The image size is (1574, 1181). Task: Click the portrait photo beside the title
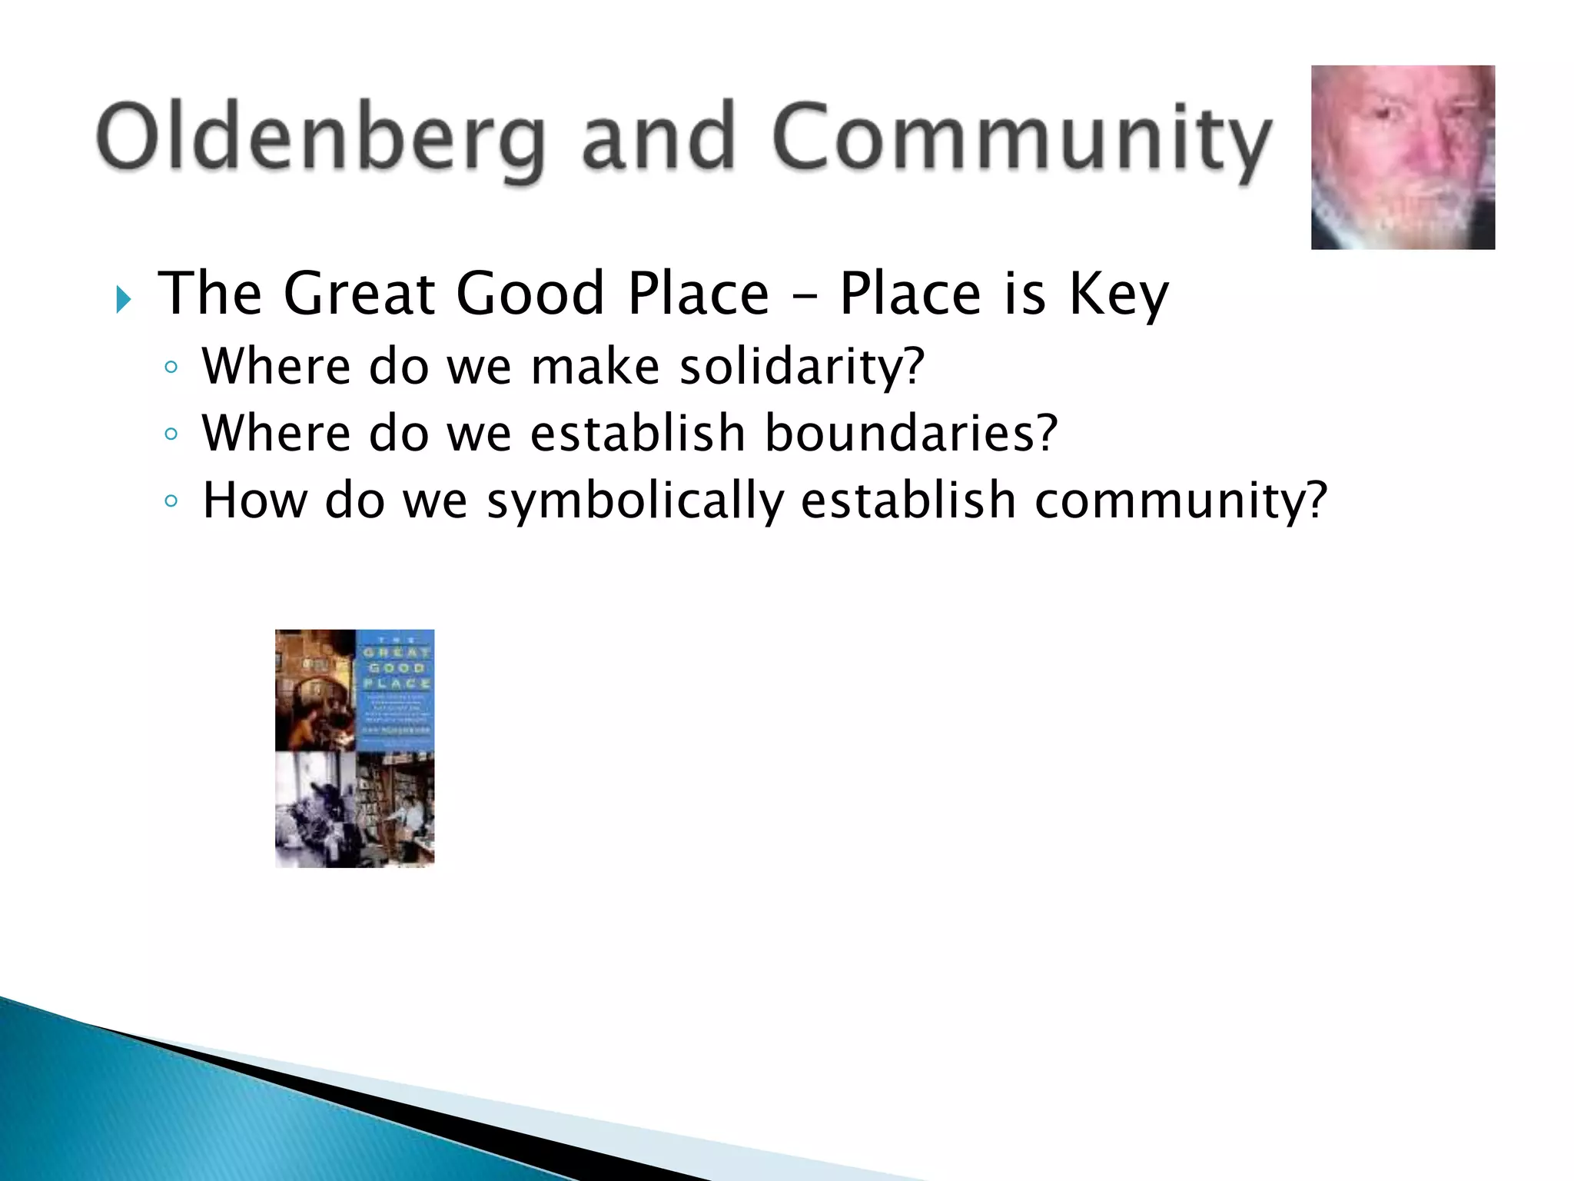coord(1403,158)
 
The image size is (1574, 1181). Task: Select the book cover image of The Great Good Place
coord(354,748)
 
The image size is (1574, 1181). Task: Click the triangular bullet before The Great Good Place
coord(123,299)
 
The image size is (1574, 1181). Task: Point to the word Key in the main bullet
coord(1118,296)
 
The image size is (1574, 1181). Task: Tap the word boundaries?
coord(911,434)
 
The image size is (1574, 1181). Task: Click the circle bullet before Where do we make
coord(171,368)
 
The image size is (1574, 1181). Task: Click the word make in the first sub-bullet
coord(595,366)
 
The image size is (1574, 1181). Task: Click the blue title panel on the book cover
coord(396,687)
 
